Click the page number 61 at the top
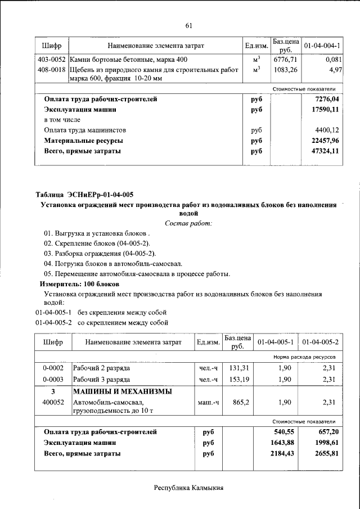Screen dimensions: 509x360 tap(188, 25)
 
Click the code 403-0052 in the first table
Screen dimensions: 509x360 tap(51, 60)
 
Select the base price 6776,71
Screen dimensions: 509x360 tap(285, 60)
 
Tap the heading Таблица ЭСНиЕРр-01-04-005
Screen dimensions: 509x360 tap(85, 195)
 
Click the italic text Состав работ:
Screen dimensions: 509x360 tap(188, 223)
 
